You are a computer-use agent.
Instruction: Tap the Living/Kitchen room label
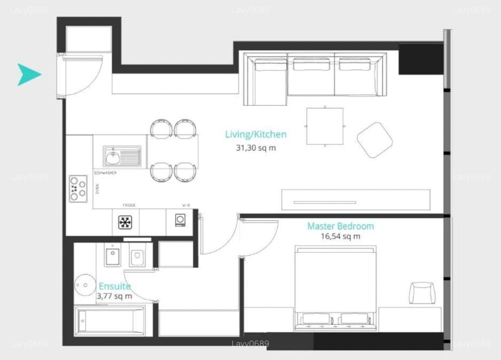(x=256, y=134)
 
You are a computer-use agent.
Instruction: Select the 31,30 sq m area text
(x=256, y=147)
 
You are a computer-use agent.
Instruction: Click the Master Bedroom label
(x=340, y=227)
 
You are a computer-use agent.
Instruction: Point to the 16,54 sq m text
(x=340, y=237)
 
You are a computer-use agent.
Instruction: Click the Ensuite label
(x=114, y=287)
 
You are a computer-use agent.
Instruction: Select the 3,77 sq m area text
(x=114, y=296)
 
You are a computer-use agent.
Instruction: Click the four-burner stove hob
(x=78, y=189)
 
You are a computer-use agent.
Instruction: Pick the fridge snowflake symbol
(x=125, y=222)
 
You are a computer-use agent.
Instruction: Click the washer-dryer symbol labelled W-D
(x=180, y=220)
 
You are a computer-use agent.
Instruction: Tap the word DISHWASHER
(x=105, y=173)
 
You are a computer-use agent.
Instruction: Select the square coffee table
(x=325, y=126)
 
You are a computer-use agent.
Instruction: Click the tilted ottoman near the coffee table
(x=374, y=140)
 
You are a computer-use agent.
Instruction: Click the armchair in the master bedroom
(x=422, y=293)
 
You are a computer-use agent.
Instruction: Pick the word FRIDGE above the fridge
(x=129, y=205)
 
